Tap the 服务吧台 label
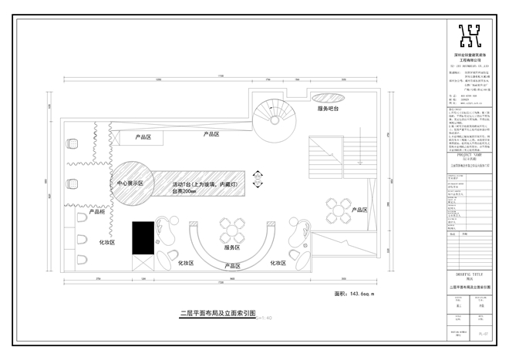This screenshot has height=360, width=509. coord(330,109)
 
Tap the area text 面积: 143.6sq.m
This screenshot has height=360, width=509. coord(353,294)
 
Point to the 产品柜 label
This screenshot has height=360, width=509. coord(97,210)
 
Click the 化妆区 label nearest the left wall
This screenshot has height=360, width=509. coord(106,242)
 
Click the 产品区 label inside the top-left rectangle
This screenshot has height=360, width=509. coord(143,136)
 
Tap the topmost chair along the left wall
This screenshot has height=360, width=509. coord(74,143)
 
